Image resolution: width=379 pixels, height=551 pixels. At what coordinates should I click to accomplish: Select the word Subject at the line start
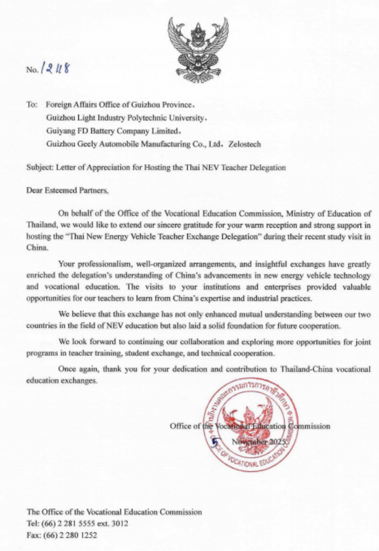click(x=38, y=167)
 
